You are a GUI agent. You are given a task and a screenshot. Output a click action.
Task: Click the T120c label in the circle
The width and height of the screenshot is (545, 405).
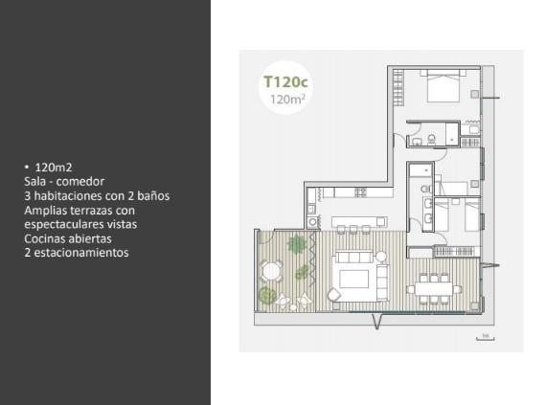tap(285, 82)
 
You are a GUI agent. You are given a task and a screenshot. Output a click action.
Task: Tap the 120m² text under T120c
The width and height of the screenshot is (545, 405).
tap(287, 100)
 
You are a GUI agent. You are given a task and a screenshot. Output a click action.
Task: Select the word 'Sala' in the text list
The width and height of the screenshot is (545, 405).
tap(34, 181)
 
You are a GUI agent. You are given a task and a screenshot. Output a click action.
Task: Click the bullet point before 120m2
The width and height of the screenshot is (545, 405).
tap(27, 167)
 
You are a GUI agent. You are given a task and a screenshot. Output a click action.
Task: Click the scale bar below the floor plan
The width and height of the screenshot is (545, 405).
tap(486, 337)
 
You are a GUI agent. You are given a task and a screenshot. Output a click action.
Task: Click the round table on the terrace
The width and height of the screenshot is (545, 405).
tap(272, 271)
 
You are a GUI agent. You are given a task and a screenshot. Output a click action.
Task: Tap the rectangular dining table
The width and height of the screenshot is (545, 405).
tap(434, 288)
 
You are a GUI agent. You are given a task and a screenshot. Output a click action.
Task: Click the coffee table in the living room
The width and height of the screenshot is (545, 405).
tap(353, 279)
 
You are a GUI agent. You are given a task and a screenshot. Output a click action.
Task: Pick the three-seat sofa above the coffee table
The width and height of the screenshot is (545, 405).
tap(354, 258)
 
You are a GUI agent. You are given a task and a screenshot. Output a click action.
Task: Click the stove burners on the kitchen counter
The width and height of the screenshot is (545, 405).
tap(360, 192)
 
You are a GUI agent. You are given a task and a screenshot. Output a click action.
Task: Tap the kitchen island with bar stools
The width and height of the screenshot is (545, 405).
tap(359, 221)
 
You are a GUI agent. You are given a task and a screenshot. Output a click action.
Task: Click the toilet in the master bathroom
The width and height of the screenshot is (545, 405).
tap(432, 139)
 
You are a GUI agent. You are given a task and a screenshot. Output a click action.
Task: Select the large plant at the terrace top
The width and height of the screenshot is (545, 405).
tap(297, 243)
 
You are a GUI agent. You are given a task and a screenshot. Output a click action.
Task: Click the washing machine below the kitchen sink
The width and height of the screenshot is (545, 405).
tap(312, 221)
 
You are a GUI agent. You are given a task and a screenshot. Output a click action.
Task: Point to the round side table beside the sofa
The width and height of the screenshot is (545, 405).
tap(381, 257)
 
